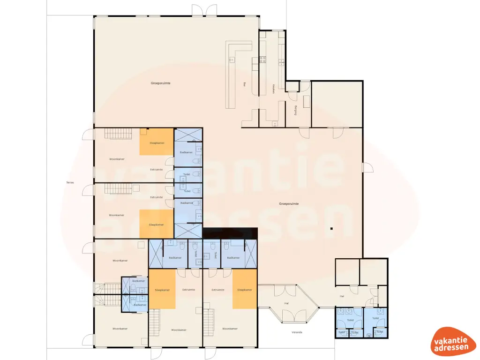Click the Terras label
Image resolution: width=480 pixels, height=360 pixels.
70,182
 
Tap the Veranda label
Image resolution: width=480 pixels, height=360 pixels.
296,332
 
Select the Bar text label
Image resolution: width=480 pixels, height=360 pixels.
245,85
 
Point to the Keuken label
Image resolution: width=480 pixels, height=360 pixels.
273,89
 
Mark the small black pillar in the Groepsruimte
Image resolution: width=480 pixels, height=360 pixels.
331,229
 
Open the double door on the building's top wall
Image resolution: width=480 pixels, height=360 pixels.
204,10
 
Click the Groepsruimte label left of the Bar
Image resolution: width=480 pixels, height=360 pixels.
160,83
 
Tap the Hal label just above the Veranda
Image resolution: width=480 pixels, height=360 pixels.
286,303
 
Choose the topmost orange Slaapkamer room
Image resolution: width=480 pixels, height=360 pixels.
157,142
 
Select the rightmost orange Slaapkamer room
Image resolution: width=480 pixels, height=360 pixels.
245,289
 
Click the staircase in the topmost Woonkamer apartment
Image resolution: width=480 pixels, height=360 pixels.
116,134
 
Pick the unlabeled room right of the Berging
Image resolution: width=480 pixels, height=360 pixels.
337,104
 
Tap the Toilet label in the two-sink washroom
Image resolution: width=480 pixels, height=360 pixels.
350,320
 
